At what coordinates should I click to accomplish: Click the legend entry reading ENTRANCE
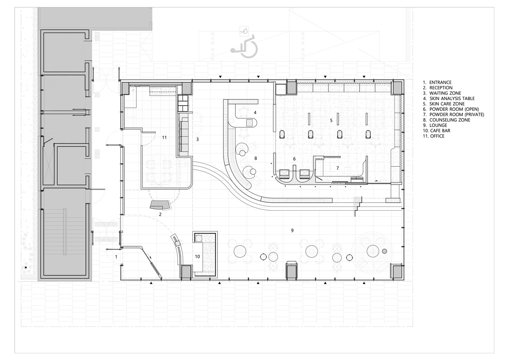pos(437,82)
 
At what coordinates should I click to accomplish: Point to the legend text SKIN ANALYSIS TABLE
pos(449,99)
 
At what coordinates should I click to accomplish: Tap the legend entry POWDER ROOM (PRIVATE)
pos(454,114)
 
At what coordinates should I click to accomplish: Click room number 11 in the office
pos(164,138)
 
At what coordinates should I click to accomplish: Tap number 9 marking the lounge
pos(292,230)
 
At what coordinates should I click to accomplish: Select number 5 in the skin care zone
pos(331,121)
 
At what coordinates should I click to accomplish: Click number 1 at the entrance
pos(116,257)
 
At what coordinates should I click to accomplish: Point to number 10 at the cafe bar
pos(197,257)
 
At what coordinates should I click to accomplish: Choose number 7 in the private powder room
pos(338,168)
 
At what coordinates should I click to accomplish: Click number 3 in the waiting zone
pos(198,139)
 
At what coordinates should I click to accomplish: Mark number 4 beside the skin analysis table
pos(255,112)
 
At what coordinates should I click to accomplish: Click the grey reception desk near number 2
pos(160,205)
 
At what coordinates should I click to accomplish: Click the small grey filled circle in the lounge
pos(384,251)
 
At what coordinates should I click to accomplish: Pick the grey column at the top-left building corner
pos(125,88)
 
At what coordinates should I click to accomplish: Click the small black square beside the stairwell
pos(26,267)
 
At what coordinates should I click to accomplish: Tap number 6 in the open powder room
pos(294,159)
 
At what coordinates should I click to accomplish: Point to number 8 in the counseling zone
pos(256,158)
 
